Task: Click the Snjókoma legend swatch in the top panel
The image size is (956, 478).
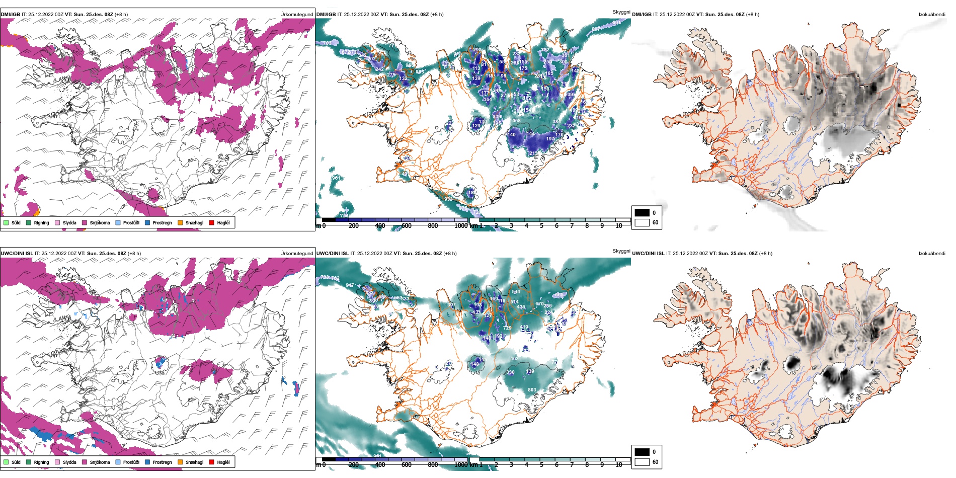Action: (x=85, y=223)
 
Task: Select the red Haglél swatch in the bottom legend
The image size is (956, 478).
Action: (x=212, y=462)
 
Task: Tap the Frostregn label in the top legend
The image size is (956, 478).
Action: (x=162, y=223)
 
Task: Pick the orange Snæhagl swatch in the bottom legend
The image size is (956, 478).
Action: (x=180, y=462)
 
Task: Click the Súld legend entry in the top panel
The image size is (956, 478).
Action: (x=16, y=223)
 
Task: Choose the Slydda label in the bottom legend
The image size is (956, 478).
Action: (x=69, y=462)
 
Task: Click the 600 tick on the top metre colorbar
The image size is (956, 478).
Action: (x=407, y=226)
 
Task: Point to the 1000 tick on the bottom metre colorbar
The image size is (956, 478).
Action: (x=461, y=465)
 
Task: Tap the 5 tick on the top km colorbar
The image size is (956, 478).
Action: (x=541, y=226)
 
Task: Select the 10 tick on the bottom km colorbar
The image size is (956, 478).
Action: (x=619, y=465)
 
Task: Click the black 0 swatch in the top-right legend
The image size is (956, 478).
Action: (x=642, y=213)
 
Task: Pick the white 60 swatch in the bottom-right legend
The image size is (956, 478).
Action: (x=642, y=462)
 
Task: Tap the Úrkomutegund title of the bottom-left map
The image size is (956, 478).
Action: (x=296, y=254)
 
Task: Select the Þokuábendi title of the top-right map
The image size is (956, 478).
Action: (x=932, y=15)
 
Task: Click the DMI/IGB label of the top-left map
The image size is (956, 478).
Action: (x=11, y=15)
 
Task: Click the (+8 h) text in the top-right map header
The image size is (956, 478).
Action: (x=753, y=15)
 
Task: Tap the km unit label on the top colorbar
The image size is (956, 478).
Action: (x=473, y=226)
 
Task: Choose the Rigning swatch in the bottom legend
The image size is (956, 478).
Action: (x=29, y=462)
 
